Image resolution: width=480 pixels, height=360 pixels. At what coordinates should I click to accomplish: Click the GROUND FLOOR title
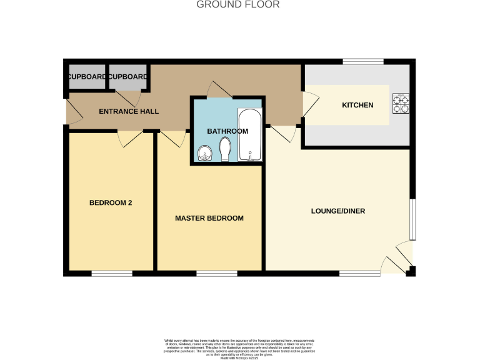click(238, 5)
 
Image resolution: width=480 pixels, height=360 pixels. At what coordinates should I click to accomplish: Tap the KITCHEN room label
click(357, 105)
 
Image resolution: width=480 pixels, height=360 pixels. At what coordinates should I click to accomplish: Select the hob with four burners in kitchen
click(400, 104)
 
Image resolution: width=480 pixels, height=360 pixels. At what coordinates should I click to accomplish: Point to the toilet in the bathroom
click(226, 149)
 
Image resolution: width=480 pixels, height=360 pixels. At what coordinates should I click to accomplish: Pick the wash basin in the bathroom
click(204, 154)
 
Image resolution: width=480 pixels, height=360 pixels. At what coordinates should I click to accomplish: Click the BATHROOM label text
click(227, 131)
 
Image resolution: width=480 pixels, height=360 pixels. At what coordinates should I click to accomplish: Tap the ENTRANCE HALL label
click(129, 111)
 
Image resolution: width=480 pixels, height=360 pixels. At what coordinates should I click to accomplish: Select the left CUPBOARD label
click(86, 77)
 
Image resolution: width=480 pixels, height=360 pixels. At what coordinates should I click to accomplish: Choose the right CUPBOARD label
click(127, 77)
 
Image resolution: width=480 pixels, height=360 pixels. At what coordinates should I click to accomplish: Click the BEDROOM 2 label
click(111, 202)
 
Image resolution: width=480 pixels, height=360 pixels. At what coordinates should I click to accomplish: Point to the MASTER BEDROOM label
click(209, 218)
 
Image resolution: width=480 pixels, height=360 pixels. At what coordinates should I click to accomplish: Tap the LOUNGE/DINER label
click(337, 211)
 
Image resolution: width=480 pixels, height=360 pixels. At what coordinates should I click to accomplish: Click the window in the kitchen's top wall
click(362, 61)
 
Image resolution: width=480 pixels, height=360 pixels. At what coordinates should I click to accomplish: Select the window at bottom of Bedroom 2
click(112, 273)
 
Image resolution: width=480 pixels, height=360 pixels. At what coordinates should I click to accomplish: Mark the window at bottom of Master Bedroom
click(216, 273)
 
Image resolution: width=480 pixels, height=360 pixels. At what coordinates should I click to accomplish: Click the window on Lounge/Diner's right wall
click(412, 219)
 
